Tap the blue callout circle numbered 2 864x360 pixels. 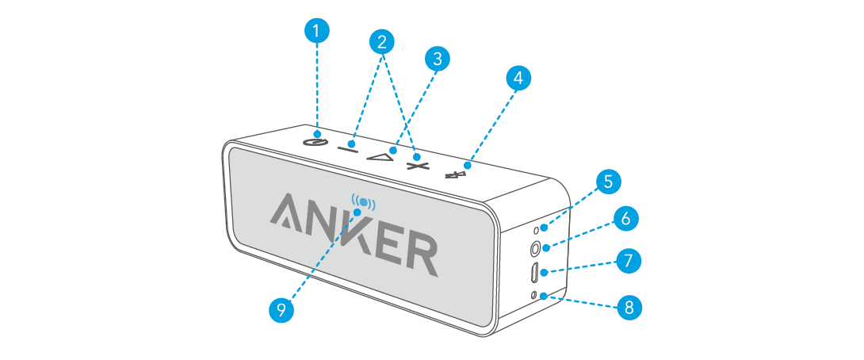click(x=382, y=42)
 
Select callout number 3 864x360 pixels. click(x=436, y=58)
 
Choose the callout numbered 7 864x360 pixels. click(x=628, y=260)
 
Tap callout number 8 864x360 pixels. click(x=629, y=308)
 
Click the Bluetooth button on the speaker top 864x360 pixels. click(x=455, y=173)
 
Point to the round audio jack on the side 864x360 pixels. click(x=536, y=247)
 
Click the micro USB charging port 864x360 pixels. click(x=534, y=272)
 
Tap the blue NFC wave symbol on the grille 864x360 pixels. click(x=363, y=205)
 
